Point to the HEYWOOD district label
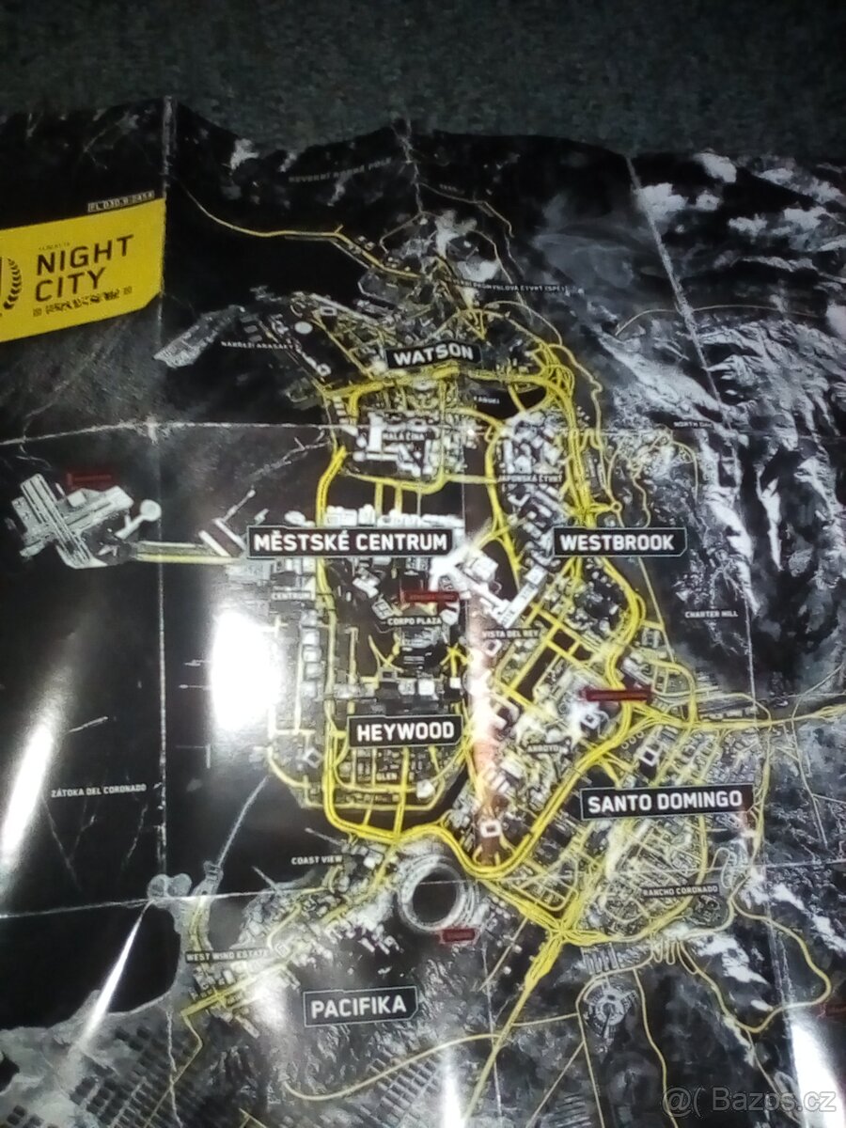pyautogui.click(x=405, y=730)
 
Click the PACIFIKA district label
pyautogui.click(x=359, y=1007)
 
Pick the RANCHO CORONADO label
pyautogui.click(x=679, y=889)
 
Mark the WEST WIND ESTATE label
pyautogui.click(x=227, y=957)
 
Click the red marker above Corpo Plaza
pyautogui.click(x=429, y=596)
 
